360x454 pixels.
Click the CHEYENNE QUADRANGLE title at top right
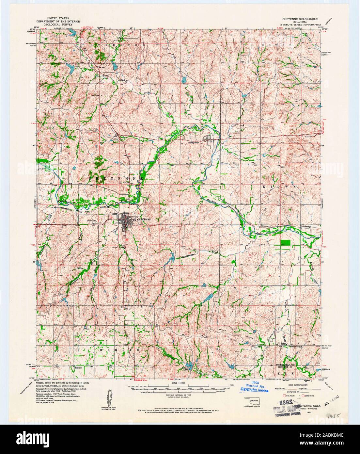(302, 19)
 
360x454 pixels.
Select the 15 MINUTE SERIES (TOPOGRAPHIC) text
(302, 24)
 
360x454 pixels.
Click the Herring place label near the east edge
(306, 226)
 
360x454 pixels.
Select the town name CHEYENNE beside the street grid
(145, 219)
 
